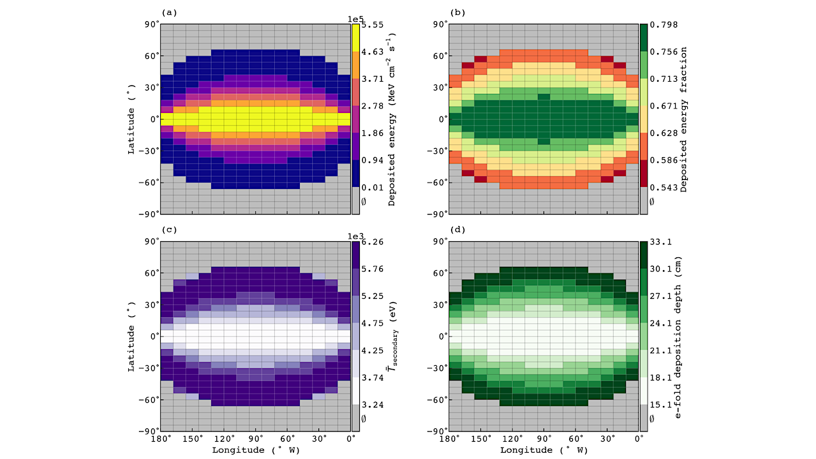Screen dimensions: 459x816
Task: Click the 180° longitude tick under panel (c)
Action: [x=161, y=439]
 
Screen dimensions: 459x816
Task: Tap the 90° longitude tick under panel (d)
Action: [x=544, y=439]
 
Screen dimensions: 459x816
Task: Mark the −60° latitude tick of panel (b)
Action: [x=435, y=182]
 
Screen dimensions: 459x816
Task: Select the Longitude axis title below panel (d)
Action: [x=544, y=450]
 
